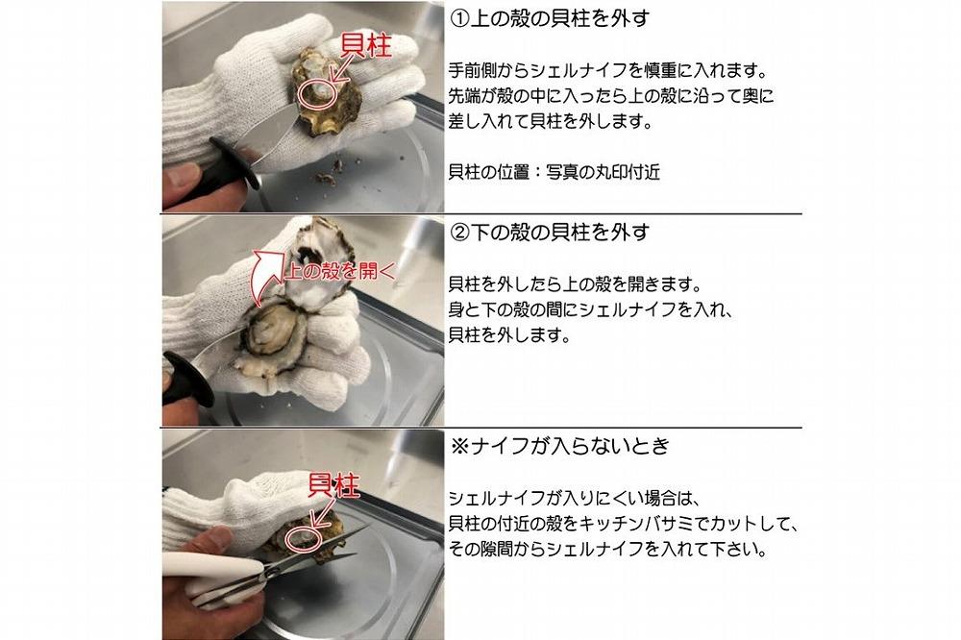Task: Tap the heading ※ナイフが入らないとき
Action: tap(560, 447)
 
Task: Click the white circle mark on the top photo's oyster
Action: tap(314, 93)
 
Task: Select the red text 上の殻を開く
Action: tap(334, 270)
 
